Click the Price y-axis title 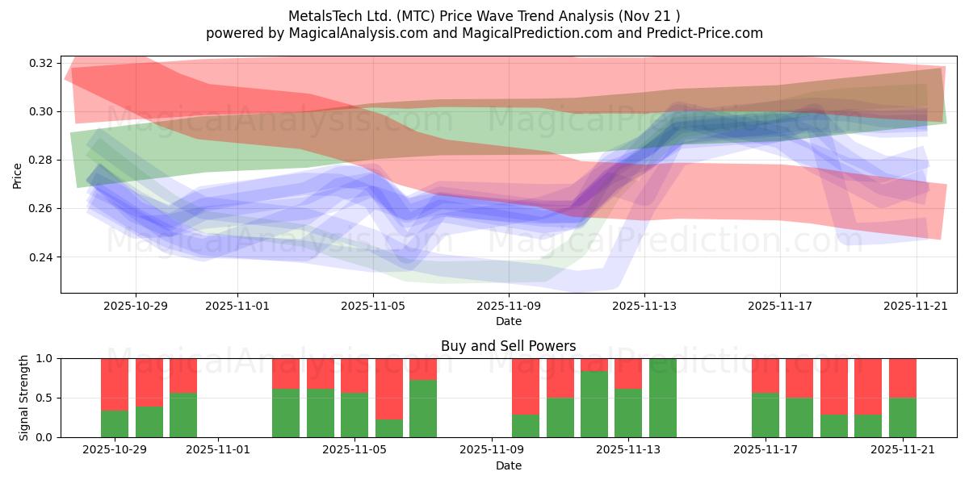pos(18,175)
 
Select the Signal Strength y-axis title pos(24,398)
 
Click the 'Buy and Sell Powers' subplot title pos(508,346)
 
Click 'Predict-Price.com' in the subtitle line pos(705,33)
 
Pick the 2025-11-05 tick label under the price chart pos(372,306)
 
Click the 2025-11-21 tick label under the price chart pos(916,306)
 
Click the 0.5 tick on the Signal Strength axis pos(44,398)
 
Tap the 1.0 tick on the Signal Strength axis pos(44,358)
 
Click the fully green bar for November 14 pos(662,398)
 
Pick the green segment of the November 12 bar pos(594,404)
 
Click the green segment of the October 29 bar pos(115,423)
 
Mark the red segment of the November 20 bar pos(868,386)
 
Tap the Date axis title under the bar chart pos(508,465)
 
